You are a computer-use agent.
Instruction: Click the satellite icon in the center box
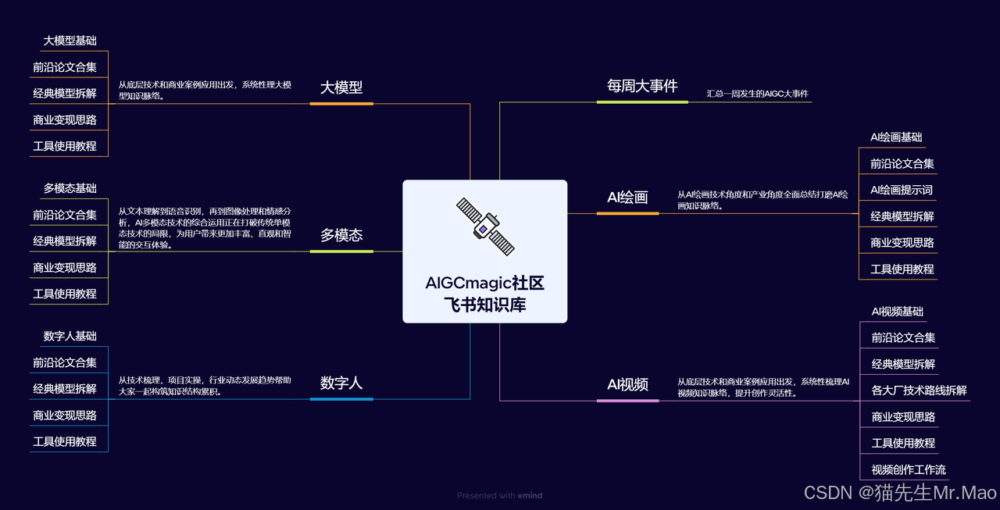[485, 226]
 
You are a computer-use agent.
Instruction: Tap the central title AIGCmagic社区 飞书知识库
[484, 294]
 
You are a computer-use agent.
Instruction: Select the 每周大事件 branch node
[642, 86]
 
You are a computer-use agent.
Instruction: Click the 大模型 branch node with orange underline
[341, 87]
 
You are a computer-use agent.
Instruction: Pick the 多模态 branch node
[341, 235]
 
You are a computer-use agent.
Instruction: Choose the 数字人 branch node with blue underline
[341, 383]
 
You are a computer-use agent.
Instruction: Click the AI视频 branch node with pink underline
[627, 384]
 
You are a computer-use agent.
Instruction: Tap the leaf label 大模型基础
[70, 41]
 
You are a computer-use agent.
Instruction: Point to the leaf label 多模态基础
[70, 188]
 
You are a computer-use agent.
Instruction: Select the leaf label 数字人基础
[70, 336]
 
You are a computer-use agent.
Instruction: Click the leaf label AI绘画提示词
[902, 190]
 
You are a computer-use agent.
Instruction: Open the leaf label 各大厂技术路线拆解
[919, 390]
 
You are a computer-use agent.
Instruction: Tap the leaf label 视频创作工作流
[909, 469]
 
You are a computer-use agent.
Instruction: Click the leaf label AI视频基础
[898, 311]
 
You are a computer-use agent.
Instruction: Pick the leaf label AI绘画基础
[896, 137]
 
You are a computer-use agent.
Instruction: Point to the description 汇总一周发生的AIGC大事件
[757, 94]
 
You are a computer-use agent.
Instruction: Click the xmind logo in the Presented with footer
[530, 495]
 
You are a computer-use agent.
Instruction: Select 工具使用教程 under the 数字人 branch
[65, 441]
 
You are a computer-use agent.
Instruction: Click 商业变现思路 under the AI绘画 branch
[902, 242]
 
